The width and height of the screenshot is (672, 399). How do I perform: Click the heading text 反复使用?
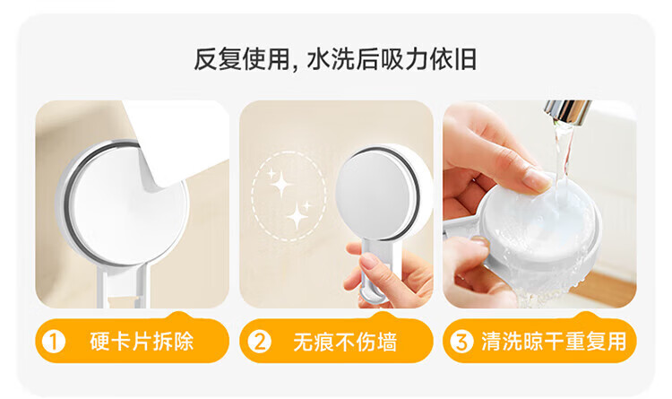click(242, 59)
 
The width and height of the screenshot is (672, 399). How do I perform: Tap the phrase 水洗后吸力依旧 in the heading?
click(392, 59)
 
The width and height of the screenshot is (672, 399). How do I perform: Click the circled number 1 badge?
click(54, 342)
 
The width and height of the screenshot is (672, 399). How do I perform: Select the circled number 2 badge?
click(260, 342)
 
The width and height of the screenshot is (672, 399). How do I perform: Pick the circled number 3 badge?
click(461, 342)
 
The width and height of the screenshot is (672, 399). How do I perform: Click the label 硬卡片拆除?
click(142, 342)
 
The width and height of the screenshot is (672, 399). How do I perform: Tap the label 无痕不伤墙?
click(346, 342)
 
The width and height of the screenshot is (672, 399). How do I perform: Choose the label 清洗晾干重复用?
click(554, 342)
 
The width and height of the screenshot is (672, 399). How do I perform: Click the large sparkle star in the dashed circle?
click(281, 185)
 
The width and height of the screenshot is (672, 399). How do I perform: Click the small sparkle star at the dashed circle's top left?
click(271, 174)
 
